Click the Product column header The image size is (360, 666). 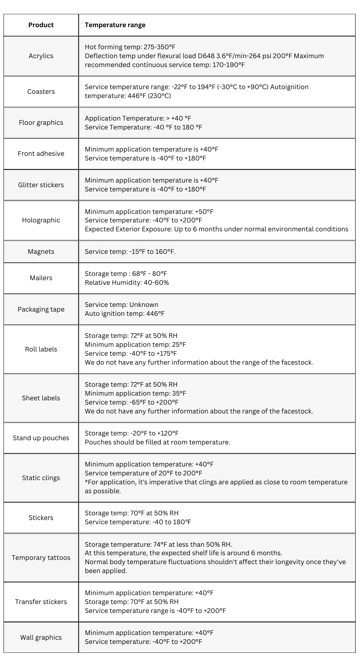click(x=41, y=25)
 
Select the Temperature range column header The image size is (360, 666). click(x=115, y=25)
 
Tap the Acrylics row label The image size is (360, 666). click(x=41, y=56)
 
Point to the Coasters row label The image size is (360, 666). click(x=41, y=92)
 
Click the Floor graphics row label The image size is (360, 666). click(x=41, y=123)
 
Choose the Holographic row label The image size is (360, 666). click(x=41, y=220)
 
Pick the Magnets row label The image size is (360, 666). click(x=41, y=252)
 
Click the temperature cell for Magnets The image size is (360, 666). click(x=130, y=252)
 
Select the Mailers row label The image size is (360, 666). click(x=41, y=278)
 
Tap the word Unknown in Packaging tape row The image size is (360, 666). click(x=143, y=305)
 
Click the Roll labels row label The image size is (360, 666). click(x=41, y=349)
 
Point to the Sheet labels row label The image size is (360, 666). click(x=41, y=398)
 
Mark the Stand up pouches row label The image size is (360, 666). click(x=41, y=438)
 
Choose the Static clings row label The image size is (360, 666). click(x=41, y=478)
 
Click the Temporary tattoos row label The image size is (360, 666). click(x=41, y=558)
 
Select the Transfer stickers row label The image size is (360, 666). click(x=41, y=602)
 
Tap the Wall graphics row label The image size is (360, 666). click(x=41, y=638)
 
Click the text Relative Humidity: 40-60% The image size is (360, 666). click(x=127, y=283)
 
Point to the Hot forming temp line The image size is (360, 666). click(x=130, y=47)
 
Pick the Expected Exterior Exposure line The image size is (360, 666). click(x=217, y=229)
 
